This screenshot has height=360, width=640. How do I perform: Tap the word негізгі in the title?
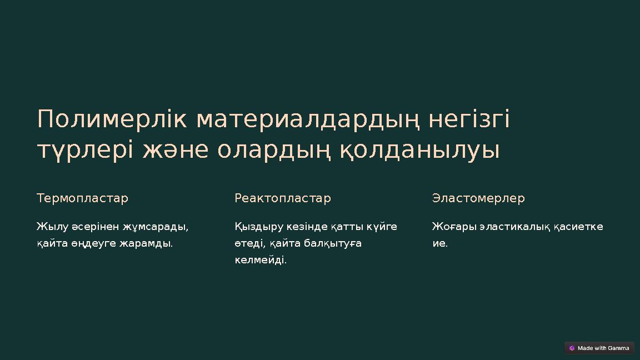(469, 119)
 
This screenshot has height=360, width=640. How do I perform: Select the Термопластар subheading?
(82, 198)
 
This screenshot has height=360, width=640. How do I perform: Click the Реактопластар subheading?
(283, 198)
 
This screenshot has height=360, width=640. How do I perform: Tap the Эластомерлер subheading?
(478, 198)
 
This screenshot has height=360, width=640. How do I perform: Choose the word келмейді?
(261, 260)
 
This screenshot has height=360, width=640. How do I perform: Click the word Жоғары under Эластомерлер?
(453, 227)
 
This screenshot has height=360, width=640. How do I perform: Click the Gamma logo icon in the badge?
(572, 348)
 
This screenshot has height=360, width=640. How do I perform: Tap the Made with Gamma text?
(603, 348)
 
